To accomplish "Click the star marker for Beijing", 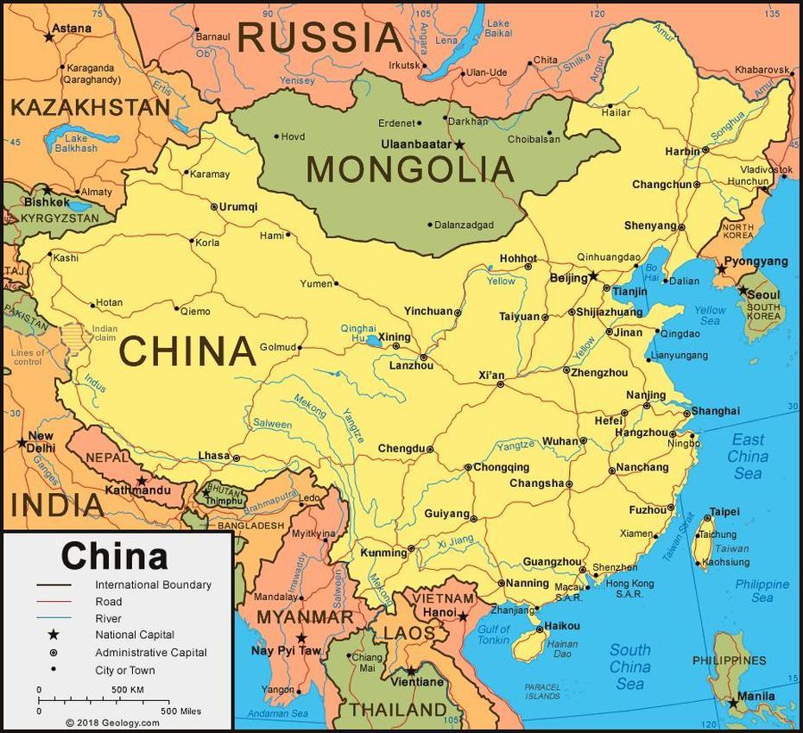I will (x=593, y=276).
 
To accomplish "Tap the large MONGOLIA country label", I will (x=409, y=169).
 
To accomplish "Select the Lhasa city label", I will (x=213, y=455).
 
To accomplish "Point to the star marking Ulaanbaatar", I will (x=459, y=145).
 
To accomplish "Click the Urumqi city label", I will (x=237, y=206).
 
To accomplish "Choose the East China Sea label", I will (x=748, y=456).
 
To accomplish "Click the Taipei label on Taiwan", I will (x=724, y=512).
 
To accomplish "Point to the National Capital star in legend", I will (x=54, y=635).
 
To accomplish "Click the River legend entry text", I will (x=108, y=618).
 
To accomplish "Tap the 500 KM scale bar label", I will (x=127, y=689).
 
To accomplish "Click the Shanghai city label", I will (x=715, y=411).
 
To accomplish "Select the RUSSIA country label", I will (x=319, y=37).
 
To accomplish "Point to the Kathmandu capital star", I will (x=142, y=480).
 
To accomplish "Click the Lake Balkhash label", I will (x=76, y=142).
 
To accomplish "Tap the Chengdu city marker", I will (x=430, y=450).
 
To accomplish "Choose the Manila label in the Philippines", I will (x=756, y=696).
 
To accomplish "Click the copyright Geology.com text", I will (x=112, y=723).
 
